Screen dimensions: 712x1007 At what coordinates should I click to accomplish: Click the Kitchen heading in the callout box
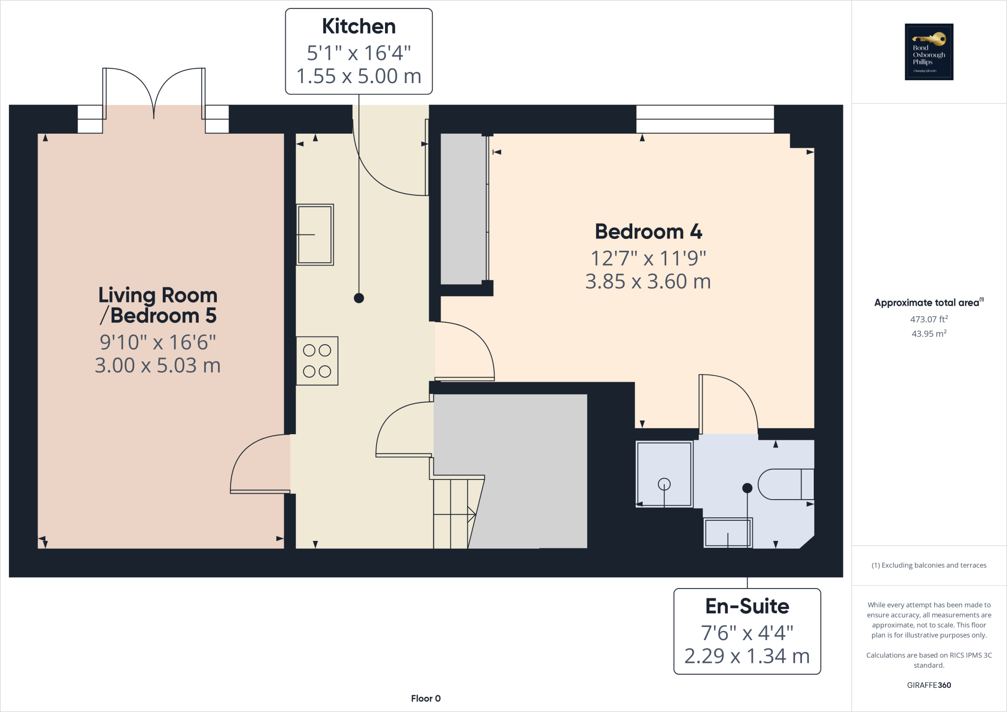(x=358, y=27)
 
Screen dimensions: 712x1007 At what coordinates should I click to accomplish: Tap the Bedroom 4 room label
(x=648, y=232)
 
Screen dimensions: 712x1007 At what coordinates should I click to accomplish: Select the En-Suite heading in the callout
(x=746, y=606)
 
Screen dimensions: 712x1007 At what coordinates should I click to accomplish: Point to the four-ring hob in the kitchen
(x=317, y=361)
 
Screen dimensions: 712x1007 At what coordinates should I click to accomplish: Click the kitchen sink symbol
(x=315, y=235)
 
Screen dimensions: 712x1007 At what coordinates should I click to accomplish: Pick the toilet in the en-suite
(x=786, y=484)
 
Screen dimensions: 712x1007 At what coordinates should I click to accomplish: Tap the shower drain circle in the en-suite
(x=664, y=484)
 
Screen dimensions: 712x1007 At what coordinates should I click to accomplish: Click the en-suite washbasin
(x=727, y=533)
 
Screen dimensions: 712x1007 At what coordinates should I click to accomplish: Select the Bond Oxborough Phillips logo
(x=928, y=52)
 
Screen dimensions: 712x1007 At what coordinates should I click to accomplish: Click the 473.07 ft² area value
(x=928, y=319)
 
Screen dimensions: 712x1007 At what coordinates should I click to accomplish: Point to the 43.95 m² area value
(x=928, y=334)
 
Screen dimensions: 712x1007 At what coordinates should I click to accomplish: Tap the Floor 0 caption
(x=425, y=698)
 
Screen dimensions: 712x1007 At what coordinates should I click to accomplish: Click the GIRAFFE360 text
(x=928, y=685)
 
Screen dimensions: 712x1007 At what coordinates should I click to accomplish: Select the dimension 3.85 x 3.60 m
(x=648, y=282)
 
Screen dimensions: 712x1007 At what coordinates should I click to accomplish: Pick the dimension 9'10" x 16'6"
(x=157, y=342)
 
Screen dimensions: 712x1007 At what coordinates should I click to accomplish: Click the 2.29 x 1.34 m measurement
(x=746, y=656)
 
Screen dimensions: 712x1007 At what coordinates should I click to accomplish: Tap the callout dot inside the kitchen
(x=358, y=298)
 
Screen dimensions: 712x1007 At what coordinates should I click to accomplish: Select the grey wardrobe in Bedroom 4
(x=462, y=209)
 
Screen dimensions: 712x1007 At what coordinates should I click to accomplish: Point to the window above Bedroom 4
(x=705, y=119)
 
